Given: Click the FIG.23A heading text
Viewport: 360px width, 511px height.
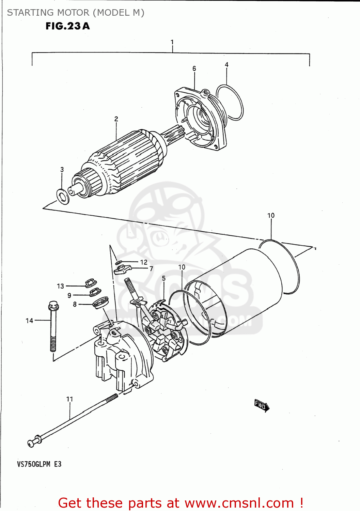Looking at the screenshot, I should click(67, 26).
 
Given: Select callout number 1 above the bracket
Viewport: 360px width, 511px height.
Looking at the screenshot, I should click(172, 42).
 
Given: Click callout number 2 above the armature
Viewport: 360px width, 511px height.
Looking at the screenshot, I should click(116, 119).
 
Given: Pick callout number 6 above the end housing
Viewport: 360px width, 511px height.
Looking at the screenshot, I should click(194, 68).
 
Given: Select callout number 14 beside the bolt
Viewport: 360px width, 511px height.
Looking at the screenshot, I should click(29, 321).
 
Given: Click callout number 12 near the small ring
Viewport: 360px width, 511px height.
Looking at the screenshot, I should click(144, 262).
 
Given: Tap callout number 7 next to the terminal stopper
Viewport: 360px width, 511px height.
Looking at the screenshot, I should click(151, 269).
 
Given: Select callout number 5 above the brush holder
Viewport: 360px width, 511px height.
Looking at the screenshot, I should click(164, 278).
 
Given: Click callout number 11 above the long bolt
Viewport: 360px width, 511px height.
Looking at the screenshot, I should click(69, 399).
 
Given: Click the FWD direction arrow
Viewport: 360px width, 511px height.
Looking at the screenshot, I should click(262, 405).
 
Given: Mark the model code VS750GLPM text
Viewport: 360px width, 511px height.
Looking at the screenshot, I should click(34, 464).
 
